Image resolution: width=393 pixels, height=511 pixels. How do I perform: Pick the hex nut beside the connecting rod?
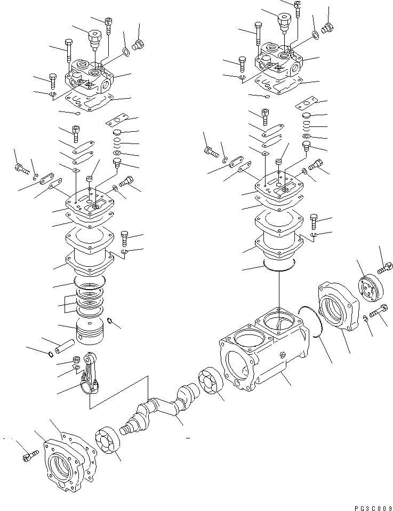pos(77,360)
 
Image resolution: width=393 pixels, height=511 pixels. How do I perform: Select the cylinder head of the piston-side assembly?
pos(91,81)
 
